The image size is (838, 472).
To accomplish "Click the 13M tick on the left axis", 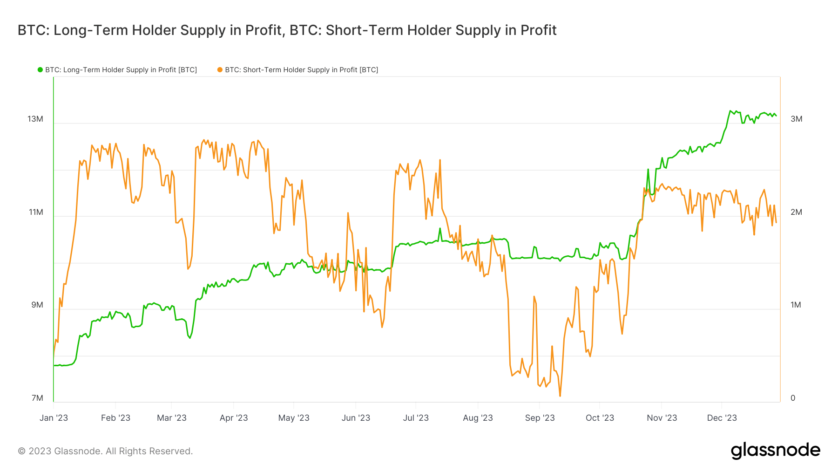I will pyautogui.click(x=35, y=119).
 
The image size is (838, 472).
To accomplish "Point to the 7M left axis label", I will pyautogui.click(x=37, y=398).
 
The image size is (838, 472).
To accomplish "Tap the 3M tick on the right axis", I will pyautogui.click(x=796, y=119).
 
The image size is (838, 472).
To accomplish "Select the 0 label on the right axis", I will pyautogui.click(x=793, y=398).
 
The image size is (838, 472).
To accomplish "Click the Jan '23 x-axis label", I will pyautogui.click(x=54, y=418).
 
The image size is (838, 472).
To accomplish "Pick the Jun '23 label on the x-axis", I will pyautogui.click(x=356, y=418).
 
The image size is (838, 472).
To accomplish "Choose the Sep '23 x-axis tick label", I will pyautogui.click(x=540, y=418).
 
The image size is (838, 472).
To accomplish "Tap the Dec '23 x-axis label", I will pyautogui.click(x=722, y=418).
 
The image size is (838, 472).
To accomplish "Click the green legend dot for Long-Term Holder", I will pyautogui.click(x=40, y=70).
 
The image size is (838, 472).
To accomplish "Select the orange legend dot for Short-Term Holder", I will pyautogui.click(x=220, y=70).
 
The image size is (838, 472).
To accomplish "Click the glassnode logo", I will pyautogui.click(x=775, y=451).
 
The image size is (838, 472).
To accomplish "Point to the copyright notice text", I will pyautogui.click(x=105, y=451).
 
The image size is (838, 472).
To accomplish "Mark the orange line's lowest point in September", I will pyautogui.click(x=560, y=396).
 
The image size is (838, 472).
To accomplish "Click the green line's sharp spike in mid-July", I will pyautogui.click(x=439, y=228).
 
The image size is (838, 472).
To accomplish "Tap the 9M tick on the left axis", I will pyautogui.click(x=37, y=305).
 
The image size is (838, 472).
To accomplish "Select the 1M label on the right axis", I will pyautogui.click(x=796, y=305).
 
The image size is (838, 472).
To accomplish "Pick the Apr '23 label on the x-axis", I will pyautogui.click(x=234, y=418).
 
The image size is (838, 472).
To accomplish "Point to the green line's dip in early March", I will pyautogui.click(x=189, y=338).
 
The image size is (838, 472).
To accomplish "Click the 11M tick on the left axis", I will pyautogui.click(x=36, y=212).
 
